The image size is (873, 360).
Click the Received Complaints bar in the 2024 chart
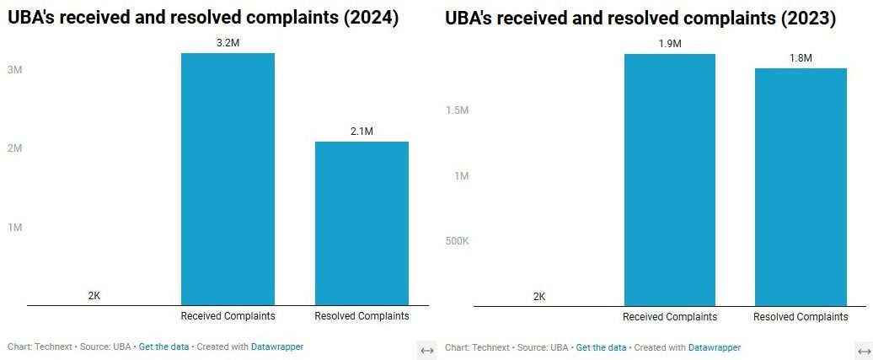(228, 179)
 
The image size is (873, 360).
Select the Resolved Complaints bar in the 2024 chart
(362, 223)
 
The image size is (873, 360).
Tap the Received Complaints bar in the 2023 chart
(669, 180)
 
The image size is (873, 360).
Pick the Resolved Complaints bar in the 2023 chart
(801, 186)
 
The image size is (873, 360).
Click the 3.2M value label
(228, 41)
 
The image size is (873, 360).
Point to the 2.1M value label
(362, 131)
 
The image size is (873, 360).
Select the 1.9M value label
(669, 43)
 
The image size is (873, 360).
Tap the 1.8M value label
(801, 57)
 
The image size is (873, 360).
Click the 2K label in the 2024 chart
(94, 296)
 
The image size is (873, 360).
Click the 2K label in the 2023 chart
(538, 296)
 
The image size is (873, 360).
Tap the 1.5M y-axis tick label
(457, 110)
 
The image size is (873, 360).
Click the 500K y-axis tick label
(456, 241)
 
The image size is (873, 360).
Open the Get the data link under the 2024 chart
(163, 347)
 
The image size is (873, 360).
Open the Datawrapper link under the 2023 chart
(714, 347)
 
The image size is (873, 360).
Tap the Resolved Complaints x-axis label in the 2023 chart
(801, 317)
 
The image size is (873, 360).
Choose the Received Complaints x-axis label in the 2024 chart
(228, 316)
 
